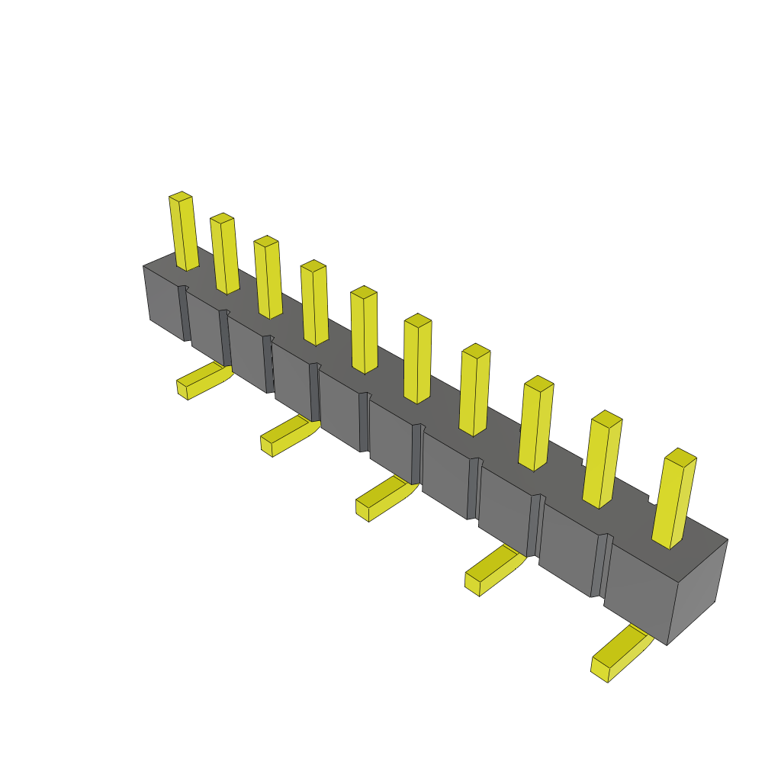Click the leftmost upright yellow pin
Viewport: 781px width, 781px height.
tap(184, 233)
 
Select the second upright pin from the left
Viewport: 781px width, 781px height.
tap(225, 255)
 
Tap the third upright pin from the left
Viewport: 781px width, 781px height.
tap(268, 278)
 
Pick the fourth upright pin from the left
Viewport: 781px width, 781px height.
tap(315, 304)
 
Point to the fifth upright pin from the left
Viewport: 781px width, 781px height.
tap(365, 331)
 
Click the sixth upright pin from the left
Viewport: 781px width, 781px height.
tap(417, 359)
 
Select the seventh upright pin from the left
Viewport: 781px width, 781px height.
tap(474, 390)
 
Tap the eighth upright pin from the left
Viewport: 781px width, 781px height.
tap(535, 424)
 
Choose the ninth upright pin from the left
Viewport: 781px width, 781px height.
tap(602, 461)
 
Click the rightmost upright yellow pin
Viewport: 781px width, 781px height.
tap(673, 500)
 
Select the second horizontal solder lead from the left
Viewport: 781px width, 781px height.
tap(288, 435)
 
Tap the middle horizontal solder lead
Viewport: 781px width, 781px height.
tap(384, 497)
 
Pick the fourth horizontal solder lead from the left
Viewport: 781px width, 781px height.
tap(493, 568)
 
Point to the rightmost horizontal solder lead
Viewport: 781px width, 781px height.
tap(619, 654)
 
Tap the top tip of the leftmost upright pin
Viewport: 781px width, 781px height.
tap(181, 197)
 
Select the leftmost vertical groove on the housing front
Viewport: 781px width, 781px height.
tap(184, 313)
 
